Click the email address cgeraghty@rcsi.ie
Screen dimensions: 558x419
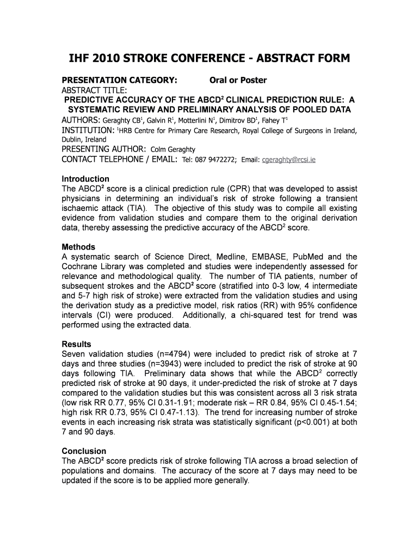289,160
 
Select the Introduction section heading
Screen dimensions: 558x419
85,179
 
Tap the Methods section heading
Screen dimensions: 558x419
78,247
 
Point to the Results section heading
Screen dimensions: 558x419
77,344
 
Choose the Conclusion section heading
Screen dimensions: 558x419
84,451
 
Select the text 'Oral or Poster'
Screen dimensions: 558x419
238,80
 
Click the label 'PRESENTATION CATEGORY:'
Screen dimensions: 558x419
119,80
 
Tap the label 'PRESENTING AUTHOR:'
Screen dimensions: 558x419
103,149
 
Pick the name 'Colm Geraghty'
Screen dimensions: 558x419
172,150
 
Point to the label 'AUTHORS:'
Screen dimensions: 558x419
81,120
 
